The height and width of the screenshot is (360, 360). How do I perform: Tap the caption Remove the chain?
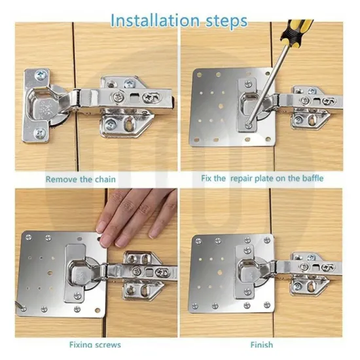(x=81, y=179)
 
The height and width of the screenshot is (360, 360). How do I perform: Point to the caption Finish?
(x=261, y=344)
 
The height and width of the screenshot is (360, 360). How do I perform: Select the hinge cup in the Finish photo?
(x=250, y=272)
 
